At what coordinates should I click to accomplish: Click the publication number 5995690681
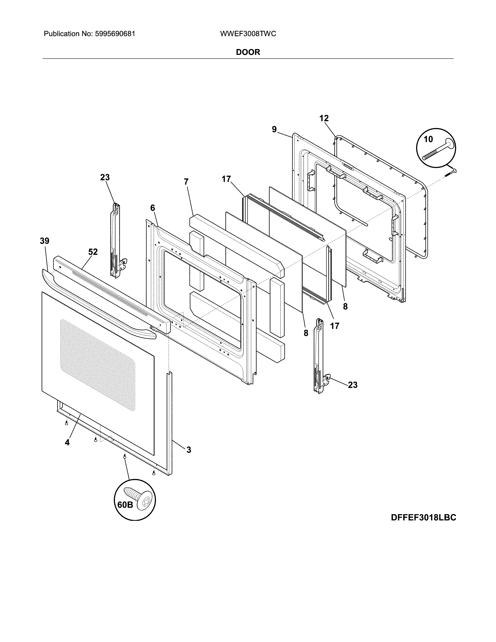coord(115,34)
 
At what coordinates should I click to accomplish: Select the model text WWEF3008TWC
coord(248,34)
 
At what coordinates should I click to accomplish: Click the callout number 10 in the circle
coord(429,139)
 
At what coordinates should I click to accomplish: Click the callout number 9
coord(274,129)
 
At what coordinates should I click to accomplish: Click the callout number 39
coord(45,241)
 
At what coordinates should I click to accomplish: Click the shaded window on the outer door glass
coord(98,365)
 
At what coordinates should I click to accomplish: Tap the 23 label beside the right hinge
coord(353,385)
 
